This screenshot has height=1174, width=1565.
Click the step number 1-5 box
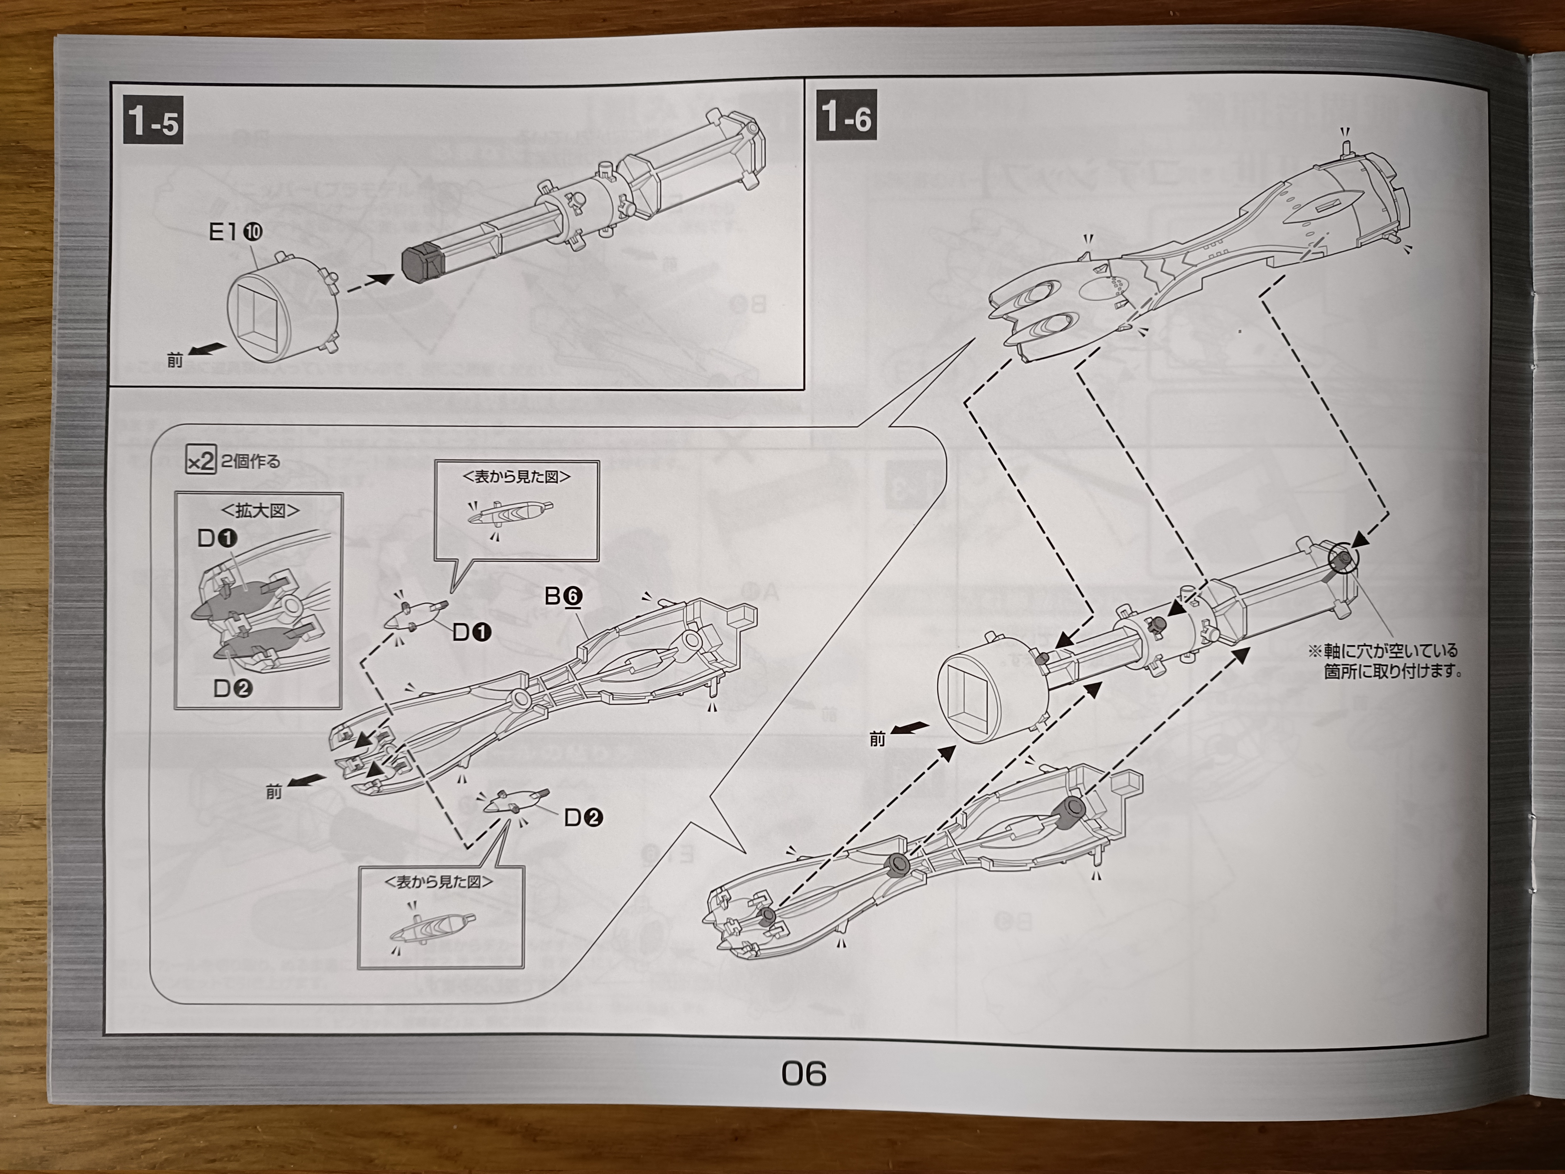153,120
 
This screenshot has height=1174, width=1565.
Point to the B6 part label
563,596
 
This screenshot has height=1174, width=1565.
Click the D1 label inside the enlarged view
217,539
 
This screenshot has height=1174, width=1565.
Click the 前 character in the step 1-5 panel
175,361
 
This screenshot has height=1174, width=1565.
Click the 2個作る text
251,461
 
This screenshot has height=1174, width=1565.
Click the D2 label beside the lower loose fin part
583,818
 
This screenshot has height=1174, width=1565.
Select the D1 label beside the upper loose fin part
471,632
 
